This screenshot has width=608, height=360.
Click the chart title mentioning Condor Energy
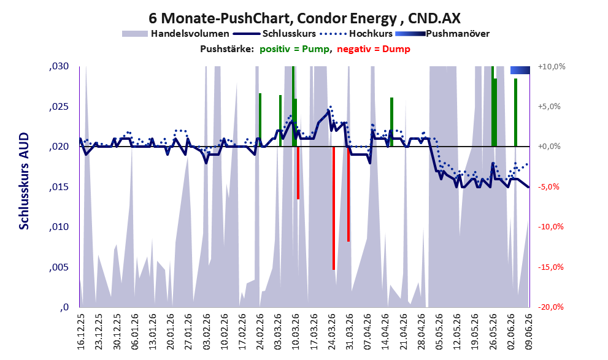point(304,18)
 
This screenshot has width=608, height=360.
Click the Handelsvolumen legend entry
point(175,34)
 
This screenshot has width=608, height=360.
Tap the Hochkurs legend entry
point(356,34)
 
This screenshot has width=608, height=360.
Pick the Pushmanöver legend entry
point(442,34)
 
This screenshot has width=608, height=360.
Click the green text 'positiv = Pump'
point(295,49)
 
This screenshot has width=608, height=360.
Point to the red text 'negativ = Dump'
point(374,49)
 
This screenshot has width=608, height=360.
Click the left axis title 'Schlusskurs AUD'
point(24,180)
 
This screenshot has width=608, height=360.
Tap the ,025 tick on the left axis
point(59,107)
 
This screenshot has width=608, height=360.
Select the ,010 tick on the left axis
point(59,227)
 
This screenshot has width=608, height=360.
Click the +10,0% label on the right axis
point(552,67)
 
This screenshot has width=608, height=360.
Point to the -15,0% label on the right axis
point(550,267)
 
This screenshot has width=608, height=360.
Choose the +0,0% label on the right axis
point(550,147)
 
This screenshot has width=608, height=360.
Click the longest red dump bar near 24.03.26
point(334,208)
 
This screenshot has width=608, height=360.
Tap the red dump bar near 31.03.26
point(348,194)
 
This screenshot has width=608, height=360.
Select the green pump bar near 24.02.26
point(260,120)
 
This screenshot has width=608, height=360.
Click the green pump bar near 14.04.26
point(391,122)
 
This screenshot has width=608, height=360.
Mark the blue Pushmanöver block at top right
point(520,70)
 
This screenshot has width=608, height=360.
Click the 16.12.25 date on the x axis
point(81,332)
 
